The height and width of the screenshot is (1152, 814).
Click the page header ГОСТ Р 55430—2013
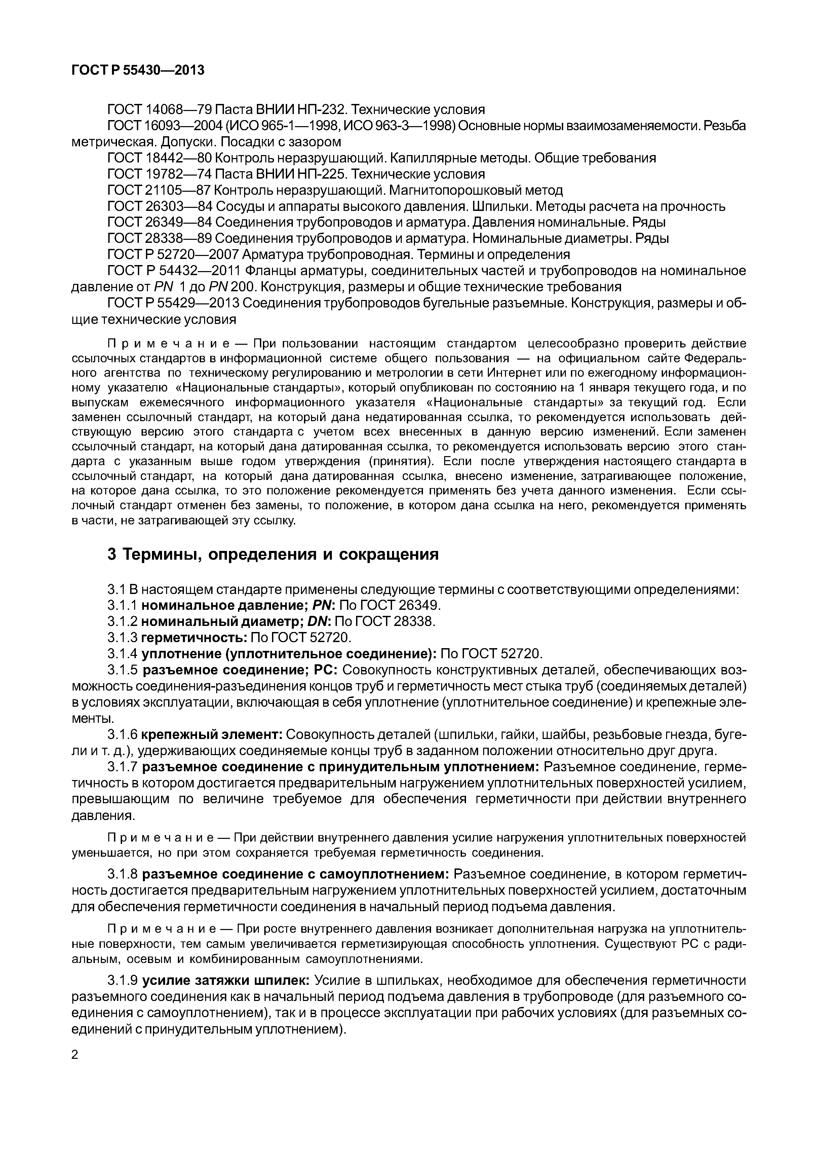(138, 70)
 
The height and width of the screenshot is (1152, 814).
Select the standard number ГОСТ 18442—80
(159, 158)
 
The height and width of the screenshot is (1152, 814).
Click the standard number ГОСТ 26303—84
(159, 206)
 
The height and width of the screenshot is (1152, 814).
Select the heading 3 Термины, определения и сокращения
(273, 554)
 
